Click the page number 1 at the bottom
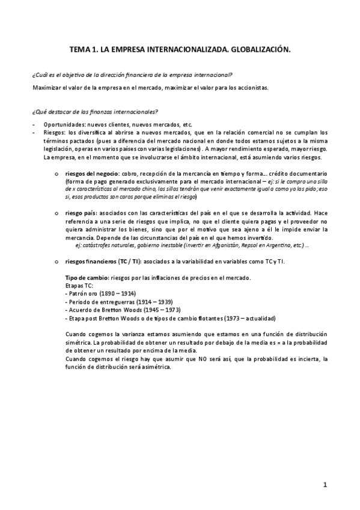click(x=325, y=484)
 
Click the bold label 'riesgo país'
click(x=81, y=213)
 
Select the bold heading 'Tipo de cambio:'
click(x=86, y=277)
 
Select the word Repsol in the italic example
click(x=234, y=245)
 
